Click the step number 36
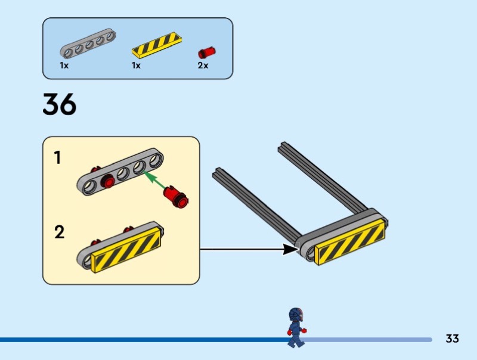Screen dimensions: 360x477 pyautogui.click(x=60, y=104)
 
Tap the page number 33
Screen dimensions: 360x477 pyautogui.click(x=452, y=339)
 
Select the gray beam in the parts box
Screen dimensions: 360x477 pyautogui.click(x=88, y=44)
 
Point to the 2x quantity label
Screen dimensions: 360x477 pyautogui.click(x=203, y=66)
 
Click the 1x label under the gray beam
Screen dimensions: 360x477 pyautogui.click(x=64, y=66)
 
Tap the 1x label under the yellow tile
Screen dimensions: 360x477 pyautogui.click(x=136, y=66)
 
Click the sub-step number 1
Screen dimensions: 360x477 pyautogui.click(x=58, y=158)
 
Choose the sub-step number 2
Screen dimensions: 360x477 pyautogui.click(x=59, y=231)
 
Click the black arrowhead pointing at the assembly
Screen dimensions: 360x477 pyautogui.click(x=290, y=249)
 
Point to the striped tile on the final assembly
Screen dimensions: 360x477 pyautogui.click(x=349, y=241)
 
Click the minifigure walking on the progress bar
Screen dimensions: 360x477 pyautogui.click(x=295, y=328)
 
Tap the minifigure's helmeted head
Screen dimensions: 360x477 pyautogui.click(x=296, y=315)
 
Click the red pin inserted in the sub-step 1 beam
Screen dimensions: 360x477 pyautogui.click(x=108, y=181)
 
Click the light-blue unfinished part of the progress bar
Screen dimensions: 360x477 pyautogui.click(x=370, y=340)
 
